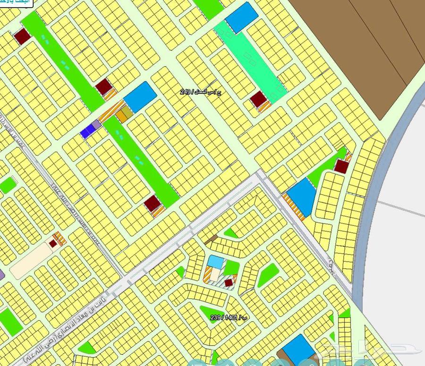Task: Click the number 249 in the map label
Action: pyautogui.click(x=185, y=92)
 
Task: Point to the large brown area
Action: pyautogui.click(x=359, y=47)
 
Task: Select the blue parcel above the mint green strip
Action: pyautogui.click(x=241, y=17)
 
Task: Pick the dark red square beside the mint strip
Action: pyautogui.click(x=259, y=99)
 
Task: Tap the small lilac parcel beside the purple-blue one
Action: pyautogui.click(x=96, y=125)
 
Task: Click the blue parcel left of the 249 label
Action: pyautogui.click(x=140, y=97)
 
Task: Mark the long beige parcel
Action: pyautogui.click(x=30, y=260)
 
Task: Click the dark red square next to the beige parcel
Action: pyautogui.click(x=53, y=243)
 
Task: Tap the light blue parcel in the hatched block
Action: pyautogui.click(x=216, y=261)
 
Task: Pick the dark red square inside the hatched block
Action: pyautogui.click(x=229, y=282)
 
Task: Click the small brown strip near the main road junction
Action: pyautogui.click(x=211, y=239)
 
